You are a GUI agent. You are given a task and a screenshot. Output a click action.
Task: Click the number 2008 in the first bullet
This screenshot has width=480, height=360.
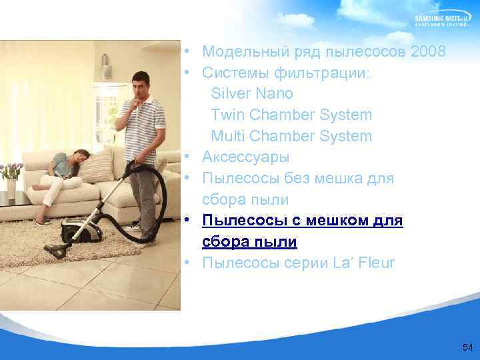click(x=429, y=51)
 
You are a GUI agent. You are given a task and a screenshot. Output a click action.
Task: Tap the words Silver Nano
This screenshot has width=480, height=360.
click(x=252, y=93)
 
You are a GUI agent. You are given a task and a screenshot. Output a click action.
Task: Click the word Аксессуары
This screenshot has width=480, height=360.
click(x=245, y=157)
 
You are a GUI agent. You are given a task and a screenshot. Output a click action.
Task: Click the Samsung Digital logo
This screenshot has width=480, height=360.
click(x=443, y=20)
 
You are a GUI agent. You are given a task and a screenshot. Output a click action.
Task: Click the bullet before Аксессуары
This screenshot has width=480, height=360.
click(x=190, y=157)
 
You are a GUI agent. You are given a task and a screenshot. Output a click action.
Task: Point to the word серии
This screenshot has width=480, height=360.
click(x=304, y=263)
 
